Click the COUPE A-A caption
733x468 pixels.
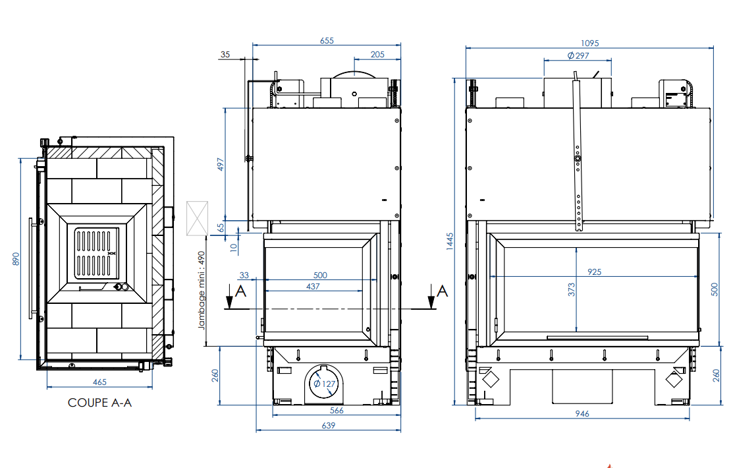99,402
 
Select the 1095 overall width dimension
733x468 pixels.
590,43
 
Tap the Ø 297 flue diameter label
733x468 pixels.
578,55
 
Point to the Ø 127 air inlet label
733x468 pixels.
325,384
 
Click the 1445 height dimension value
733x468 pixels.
450,241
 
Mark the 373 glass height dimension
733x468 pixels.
572,289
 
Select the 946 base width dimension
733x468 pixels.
582,413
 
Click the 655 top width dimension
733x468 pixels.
327,41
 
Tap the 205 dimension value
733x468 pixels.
377,54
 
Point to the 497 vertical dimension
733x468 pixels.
221,164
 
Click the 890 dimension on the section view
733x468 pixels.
16,259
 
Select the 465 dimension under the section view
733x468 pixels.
99,382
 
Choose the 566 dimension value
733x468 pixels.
337,410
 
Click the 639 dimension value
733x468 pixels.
328,426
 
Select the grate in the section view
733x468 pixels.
96,252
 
